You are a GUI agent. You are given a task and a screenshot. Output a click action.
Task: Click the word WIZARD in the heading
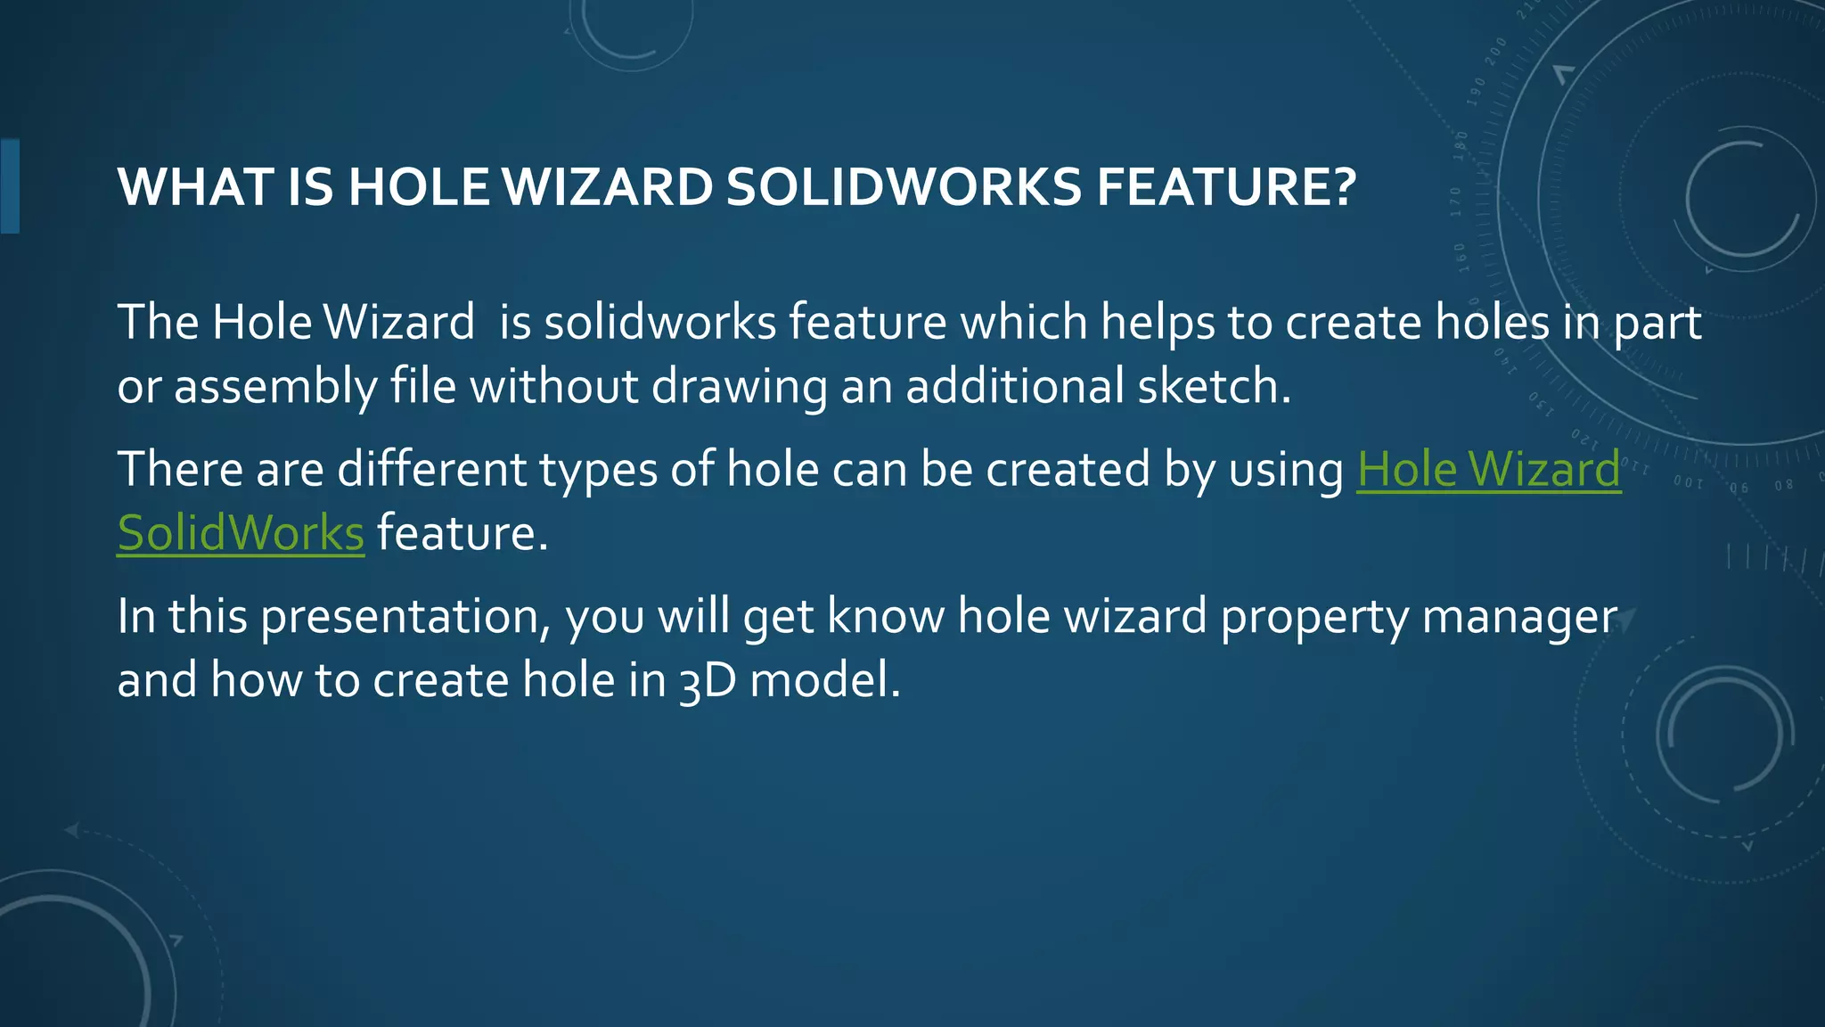(608, 187)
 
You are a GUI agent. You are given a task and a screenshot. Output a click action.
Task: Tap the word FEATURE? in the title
(1226, 187)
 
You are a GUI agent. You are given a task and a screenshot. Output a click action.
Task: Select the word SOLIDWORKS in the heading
(904, 187)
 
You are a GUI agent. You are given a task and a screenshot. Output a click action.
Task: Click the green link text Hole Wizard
(1488, 469)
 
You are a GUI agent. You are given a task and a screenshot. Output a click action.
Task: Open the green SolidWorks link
(241, 533)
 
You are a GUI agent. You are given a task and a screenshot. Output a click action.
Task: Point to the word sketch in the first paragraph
(1214, 387)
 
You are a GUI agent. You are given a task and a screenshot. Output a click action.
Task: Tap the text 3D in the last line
(708, 681)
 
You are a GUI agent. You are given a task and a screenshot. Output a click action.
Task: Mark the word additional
(1015, 387)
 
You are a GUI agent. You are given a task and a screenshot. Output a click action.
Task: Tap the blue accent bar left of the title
(10, 185)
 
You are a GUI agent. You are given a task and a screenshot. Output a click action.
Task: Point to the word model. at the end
(825, 681)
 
